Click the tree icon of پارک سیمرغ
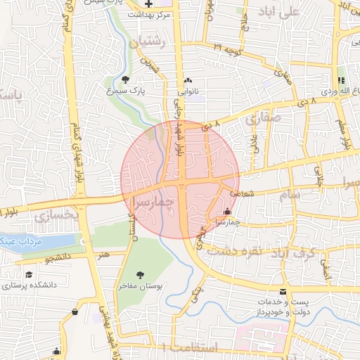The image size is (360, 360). click(x=126, y=79)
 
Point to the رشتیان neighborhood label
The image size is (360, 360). click(x=147, y=43)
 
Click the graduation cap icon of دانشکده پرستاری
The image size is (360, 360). click(x=29, y=275)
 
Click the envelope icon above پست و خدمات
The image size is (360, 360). click(x=283, y=292)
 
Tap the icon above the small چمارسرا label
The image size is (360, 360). click(x=226, y=211)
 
